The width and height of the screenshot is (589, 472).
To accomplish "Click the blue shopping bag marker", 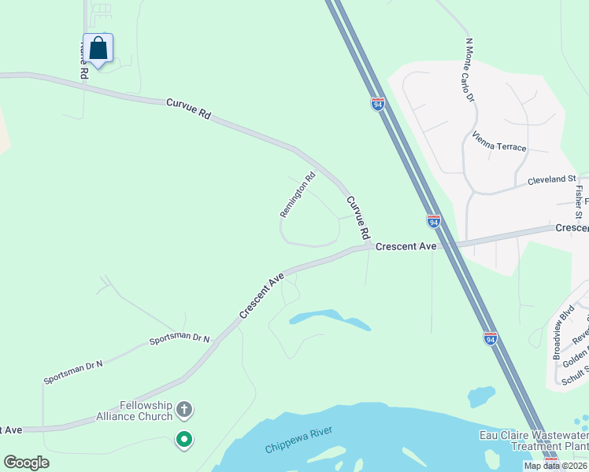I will point(98,49).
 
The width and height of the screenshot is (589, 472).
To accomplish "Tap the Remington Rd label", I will point(298,194).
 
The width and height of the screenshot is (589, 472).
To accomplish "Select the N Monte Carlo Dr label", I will point(470,70).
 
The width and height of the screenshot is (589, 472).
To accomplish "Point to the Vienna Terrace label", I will point(499,142).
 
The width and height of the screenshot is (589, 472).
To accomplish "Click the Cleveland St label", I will point(552,180).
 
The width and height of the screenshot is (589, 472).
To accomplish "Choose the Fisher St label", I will point(579,198).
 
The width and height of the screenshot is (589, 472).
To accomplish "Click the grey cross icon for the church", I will point(184,409).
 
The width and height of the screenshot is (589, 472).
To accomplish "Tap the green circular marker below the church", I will point(184,440).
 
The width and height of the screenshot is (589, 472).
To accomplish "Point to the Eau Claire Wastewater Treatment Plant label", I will point(534,440).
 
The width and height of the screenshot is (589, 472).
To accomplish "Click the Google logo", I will point(26,463).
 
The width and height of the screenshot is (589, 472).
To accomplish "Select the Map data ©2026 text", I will point(554,466).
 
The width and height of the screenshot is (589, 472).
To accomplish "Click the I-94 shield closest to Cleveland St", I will point(433,221).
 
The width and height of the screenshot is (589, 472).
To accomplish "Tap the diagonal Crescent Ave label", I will point(261,296).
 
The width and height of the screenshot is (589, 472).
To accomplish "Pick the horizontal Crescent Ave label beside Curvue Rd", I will point(406,246).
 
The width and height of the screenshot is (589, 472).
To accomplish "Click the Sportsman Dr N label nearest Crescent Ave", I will point(180,341).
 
